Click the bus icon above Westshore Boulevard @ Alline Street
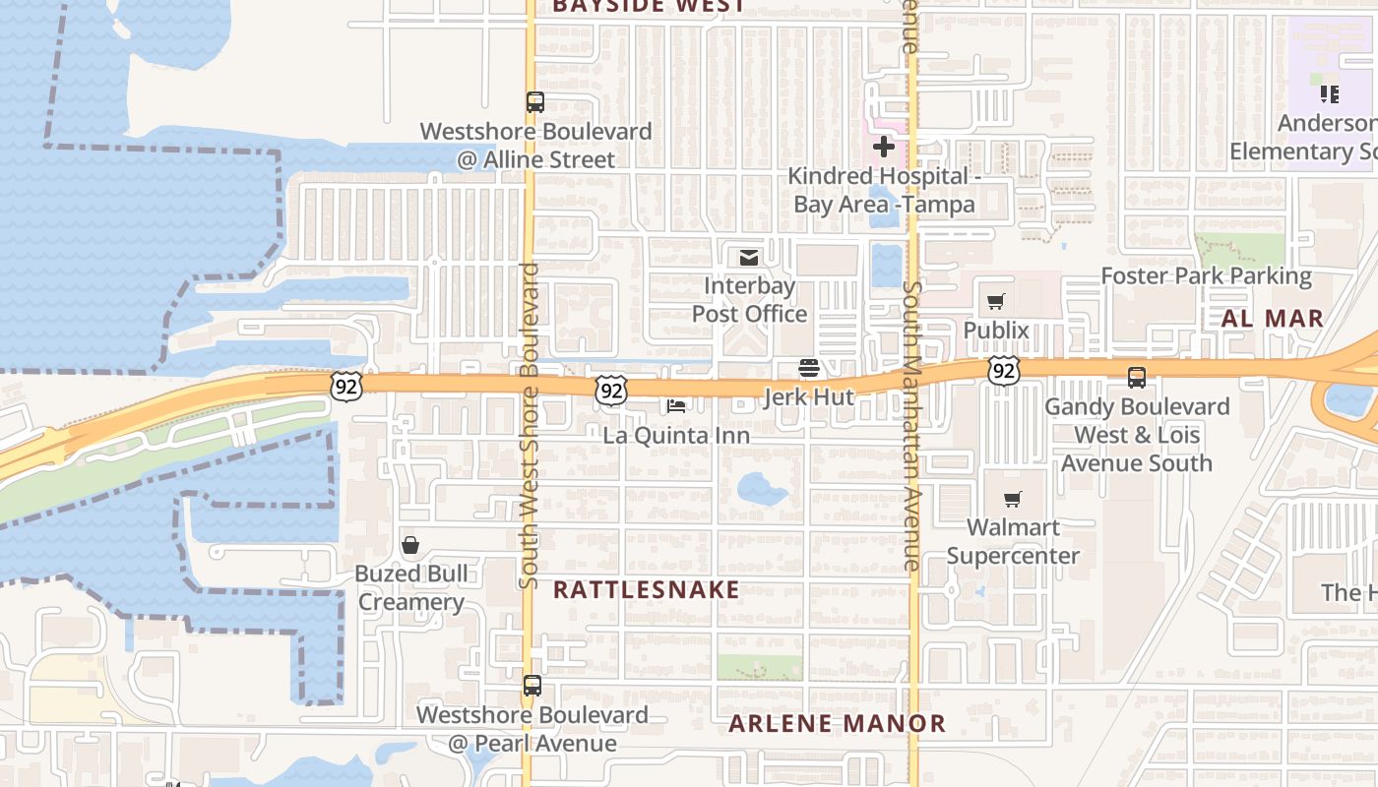pos(535,101)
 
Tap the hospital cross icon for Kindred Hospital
pos(883,148)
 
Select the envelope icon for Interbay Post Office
pos(749,258)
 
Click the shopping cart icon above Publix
pos(996,301)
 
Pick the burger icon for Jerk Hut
pos(809,368)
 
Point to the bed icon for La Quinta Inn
pos(676,405)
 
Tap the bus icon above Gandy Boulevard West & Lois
pos(1137,377)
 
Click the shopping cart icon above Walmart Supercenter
pos(1012,499)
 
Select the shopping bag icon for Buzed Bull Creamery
pos(410,545)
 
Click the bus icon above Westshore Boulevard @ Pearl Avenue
pos(532,686)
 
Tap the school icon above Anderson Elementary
pos(1330,94)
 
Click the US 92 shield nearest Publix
pos(1003,371)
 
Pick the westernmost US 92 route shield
pos(346,385)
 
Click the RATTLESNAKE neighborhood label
pos(646,589)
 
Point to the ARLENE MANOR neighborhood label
pos(837,724)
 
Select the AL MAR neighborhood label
pos(1272,319)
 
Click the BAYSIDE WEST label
pos(649,6)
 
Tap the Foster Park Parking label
pos(1206,276)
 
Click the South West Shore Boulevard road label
pos(530,425)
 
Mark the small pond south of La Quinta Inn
pos(762,489)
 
